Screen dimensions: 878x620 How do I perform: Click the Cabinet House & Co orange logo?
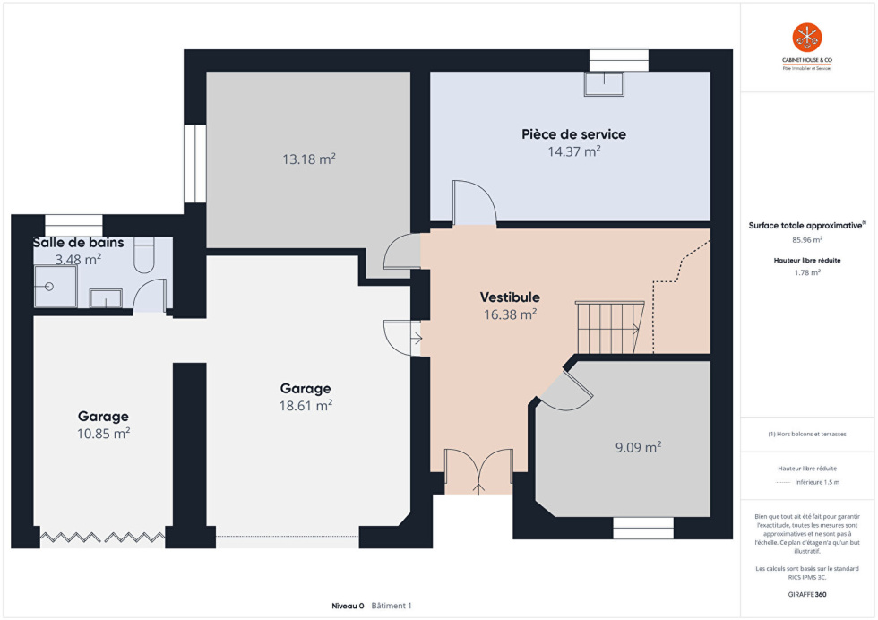pos(807,38)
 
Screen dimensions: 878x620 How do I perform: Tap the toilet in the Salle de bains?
pos(144,254)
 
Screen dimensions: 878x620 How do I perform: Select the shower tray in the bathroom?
pos(56,286)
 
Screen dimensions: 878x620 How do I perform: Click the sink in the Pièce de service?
pos(604,84)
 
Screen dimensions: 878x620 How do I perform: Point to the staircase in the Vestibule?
pos(610,327)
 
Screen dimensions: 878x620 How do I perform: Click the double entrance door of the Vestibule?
pos(478,471)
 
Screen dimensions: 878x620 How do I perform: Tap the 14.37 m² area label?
pos(574,151)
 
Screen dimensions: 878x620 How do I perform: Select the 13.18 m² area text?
pos(309,159)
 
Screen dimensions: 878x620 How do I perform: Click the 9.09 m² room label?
pos(638,447)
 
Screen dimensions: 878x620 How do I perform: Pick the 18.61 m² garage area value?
pos(306,406)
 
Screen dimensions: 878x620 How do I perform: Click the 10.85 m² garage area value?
pos(104,434)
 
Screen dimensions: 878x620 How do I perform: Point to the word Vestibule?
pos(510,297)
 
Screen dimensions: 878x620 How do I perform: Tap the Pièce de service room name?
pos(574,134)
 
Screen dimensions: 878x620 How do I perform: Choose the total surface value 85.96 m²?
pos(807,240)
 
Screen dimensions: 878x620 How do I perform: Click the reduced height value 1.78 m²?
pos(807,272)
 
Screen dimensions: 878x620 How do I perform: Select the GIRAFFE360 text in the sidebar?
pos(807,594)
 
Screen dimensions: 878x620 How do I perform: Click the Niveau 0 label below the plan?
pos(348,606)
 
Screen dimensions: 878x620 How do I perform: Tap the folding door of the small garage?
pos(102,538)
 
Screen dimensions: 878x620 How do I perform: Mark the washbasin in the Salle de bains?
pos(106,298)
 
